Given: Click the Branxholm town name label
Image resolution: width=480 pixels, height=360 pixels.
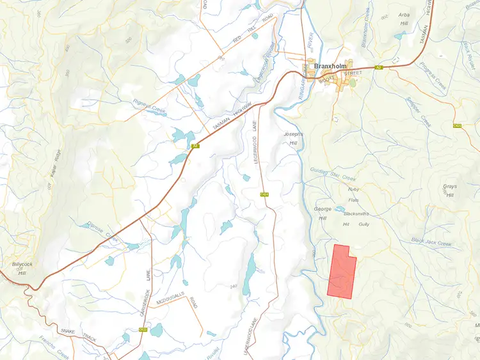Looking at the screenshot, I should tap(332, 65).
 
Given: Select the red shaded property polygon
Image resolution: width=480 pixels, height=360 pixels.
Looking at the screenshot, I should tap(340, 272).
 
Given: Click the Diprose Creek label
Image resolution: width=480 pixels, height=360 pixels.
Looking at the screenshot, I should tap(103, 231).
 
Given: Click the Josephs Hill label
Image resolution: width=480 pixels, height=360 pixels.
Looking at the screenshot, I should tap(292, 139).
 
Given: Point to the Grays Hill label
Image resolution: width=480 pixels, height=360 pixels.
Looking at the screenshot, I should tap(450, 191).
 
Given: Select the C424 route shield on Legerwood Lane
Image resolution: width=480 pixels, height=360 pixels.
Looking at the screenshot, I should tap(263, 194).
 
